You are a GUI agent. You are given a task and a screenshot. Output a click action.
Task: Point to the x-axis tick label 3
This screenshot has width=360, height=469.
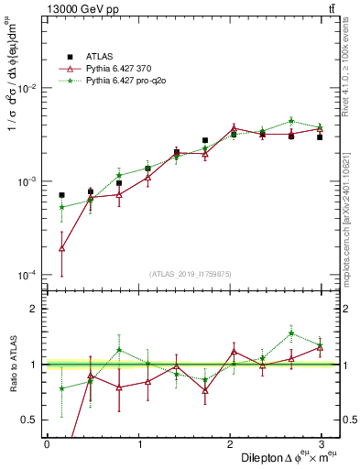[x=321, y=443]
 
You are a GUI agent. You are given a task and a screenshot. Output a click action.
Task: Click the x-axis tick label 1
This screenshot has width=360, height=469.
[x=137, y=443]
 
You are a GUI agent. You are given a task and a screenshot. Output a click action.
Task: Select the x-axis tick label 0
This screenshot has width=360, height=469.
[x=46, y=443]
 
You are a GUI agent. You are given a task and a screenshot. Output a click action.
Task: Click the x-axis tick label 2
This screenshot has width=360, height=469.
[x=229, y=443]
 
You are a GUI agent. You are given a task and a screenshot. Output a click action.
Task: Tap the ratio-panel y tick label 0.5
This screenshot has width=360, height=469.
[x=30, y=420]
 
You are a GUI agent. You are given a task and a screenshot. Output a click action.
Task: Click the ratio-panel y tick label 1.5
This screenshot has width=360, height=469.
[x=30, y=336]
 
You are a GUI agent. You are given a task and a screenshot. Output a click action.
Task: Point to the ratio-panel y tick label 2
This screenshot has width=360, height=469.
[x=34, y=309]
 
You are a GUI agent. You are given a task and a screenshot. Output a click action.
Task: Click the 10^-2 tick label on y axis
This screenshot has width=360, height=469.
[x=27, y=89]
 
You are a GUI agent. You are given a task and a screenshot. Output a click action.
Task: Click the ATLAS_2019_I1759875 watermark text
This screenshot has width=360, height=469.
[x=190, y=274]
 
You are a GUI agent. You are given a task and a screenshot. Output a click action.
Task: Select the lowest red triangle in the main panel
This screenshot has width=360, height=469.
[x=61, y=247]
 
